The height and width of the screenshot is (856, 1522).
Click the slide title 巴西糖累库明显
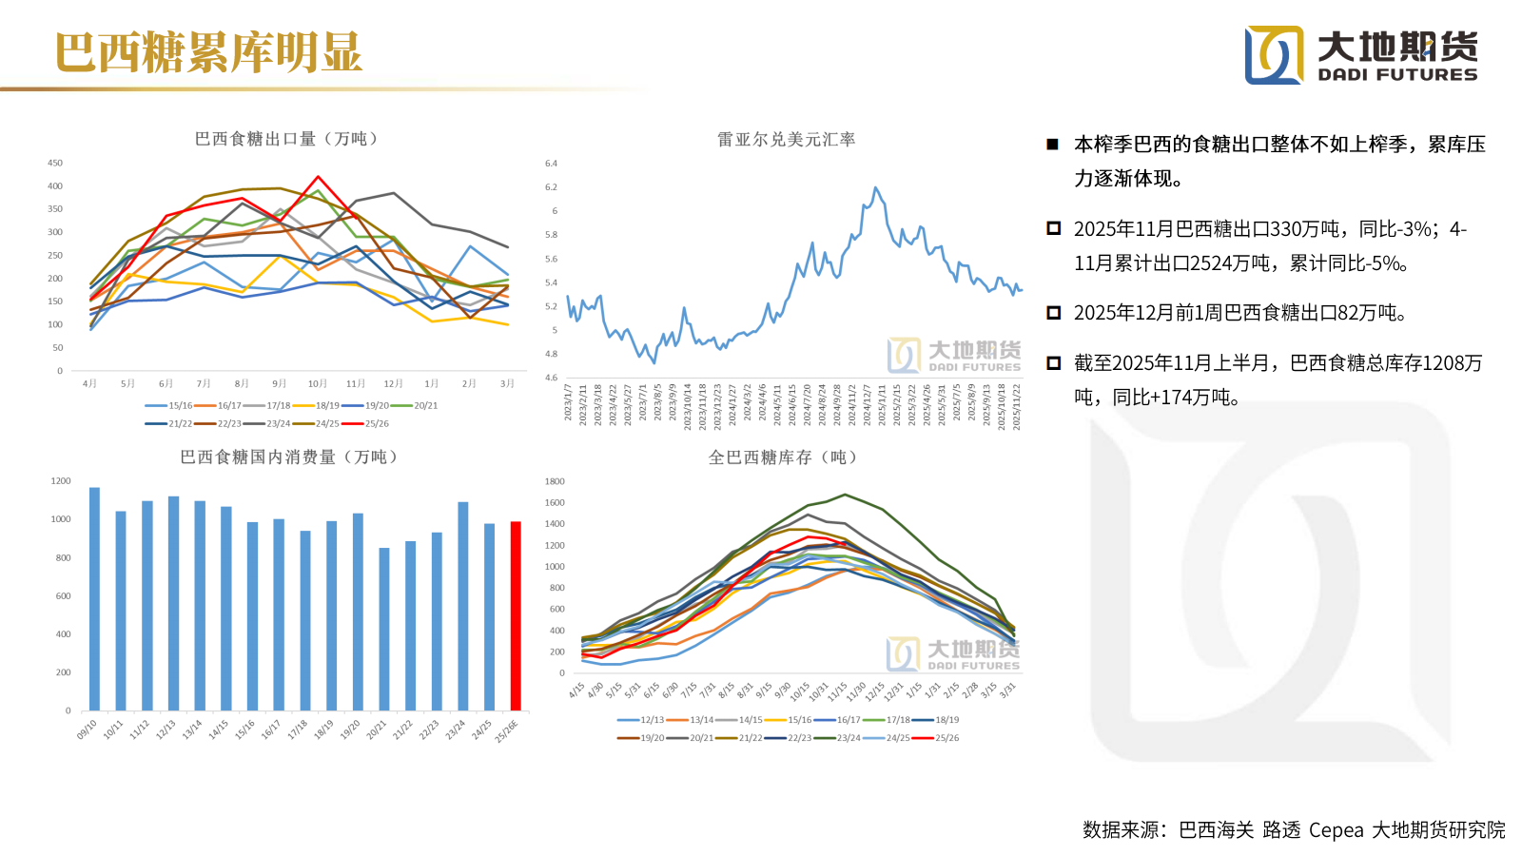[x=208, y=52]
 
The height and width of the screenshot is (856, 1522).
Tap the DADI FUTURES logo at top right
[x=1361, y=55]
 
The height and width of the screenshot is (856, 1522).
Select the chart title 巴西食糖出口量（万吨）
[x=286, y=139]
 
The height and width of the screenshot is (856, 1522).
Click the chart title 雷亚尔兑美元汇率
[x=786, y=140]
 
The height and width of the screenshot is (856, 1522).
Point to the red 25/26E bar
[x=516, y=615]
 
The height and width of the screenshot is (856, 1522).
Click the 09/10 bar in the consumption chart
[x=94, y=599]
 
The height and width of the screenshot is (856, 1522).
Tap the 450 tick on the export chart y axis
[x=55, y=164]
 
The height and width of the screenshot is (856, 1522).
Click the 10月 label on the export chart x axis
[x=317, y=383]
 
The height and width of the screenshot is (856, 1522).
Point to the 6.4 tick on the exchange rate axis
[x=552, y=164]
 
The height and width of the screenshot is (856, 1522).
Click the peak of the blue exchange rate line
[x=875, y=188]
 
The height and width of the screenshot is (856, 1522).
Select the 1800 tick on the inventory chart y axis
[x=555, y=481]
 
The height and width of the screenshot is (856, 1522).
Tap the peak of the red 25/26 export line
[x=319, y=177]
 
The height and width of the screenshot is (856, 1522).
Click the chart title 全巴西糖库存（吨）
[x=783, y=457]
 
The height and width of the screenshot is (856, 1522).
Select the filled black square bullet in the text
[x=1052, y=145]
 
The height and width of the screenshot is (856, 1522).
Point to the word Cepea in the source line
[x=1336, y=829]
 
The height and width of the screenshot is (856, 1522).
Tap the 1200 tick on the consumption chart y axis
[x=61, y=481]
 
